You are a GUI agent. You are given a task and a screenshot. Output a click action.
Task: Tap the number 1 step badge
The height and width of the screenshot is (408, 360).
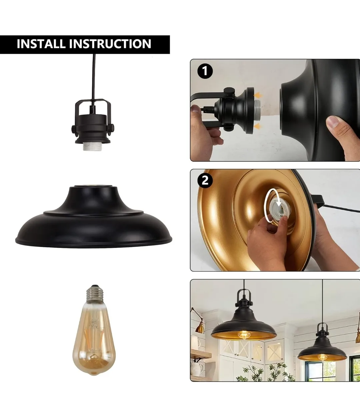click(x=205, y=71)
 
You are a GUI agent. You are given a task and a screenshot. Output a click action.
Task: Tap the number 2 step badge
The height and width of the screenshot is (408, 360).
click(x=205, y=180)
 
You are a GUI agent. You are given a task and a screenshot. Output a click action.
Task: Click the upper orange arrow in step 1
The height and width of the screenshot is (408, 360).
click(x=257, y=96)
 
